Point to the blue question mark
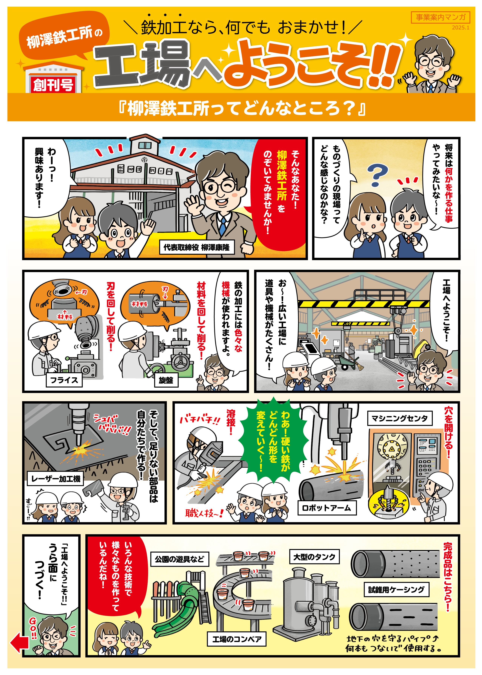[x=377, y=175]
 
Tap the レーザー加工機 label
[x=55, y=479]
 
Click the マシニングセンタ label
[x=400, y=418]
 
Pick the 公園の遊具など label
[x=180, y=559]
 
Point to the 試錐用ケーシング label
[x=397, y=590]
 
